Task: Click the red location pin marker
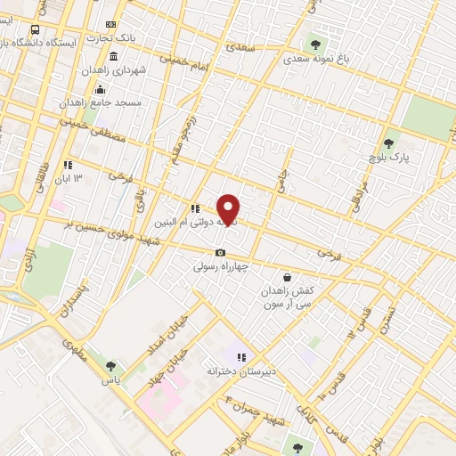(x=229, y=208)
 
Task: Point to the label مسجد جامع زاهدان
(x=128, y=102)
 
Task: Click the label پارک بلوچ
(x=392, y=157)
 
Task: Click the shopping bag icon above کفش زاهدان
(x=286, y=277)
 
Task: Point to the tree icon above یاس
(x=110, y=364)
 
